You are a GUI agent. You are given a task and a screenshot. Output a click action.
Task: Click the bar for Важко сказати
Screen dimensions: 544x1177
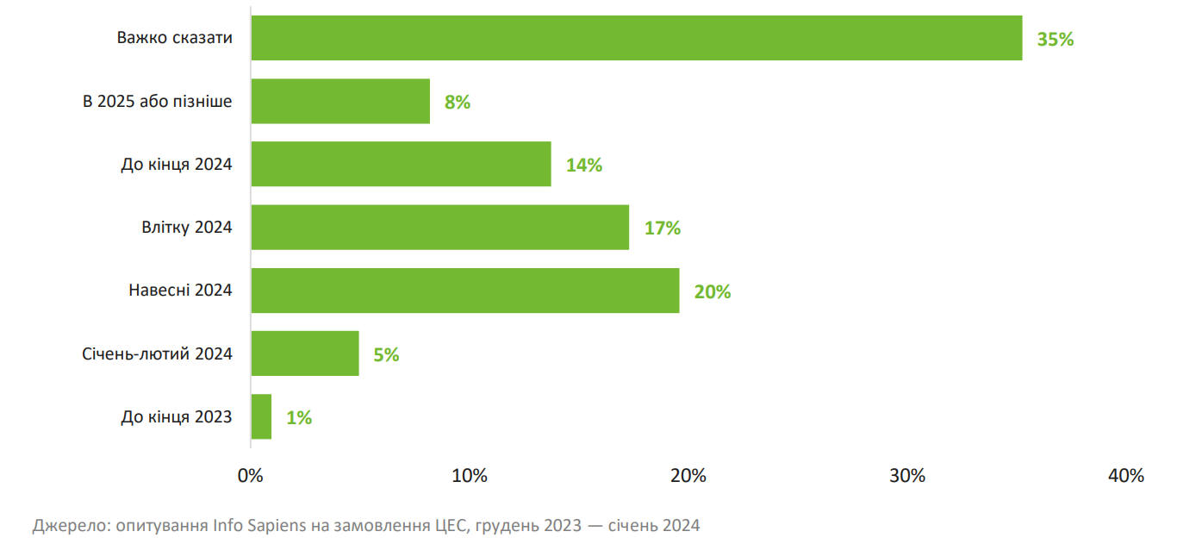[x=636, y=38]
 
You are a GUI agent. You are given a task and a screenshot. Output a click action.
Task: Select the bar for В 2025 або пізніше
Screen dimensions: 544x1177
[x=340, y=102]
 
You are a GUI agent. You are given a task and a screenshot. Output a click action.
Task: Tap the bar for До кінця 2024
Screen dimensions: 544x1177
[x=401, y=165]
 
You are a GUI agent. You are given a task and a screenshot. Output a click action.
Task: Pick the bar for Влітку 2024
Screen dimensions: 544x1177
[x=439, y=228]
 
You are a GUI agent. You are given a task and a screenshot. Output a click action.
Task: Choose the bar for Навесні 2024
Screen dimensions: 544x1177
[x=465, y=291]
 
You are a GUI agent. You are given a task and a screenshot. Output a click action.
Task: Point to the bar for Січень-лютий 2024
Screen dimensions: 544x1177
[x=305, y=353]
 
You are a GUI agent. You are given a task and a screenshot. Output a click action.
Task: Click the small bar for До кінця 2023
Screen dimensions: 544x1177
[x=261, y=417]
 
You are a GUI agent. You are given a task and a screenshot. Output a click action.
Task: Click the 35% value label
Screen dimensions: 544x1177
[x=1056, y=39]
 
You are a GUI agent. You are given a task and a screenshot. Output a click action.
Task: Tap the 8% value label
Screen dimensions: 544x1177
[x=458, y=102]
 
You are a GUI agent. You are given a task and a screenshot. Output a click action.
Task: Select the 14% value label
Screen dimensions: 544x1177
[x=584, y=165]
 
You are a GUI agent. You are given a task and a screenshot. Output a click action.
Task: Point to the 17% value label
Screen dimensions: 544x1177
[x=663, y=228]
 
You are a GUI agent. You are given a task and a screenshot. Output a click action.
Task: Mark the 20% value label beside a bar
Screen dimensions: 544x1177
[x=713, y=291]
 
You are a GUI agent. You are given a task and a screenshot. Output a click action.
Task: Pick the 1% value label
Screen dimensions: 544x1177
[x=299, y=417]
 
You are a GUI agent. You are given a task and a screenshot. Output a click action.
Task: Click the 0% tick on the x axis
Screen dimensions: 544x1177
[x=251, y=475]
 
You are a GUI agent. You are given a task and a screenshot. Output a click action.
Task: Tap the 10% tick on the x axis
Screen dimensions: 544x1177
[x=470, y=475]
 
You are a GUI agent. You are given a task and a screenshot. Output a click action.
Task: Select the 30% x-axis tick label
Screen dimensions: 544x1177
[x=907, y=475]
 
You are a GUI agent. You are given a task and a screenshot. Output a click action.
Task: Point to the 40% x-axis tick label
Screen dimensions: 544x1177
[x=1126, y=475]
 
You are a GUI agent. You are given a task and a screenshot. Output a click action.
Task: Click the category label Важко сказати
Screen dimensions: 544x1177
[x=175, y=39]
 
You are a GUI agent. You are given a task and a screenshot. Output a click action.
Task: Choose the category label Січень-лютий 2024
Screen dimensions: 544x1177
[x=157, y=353]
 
